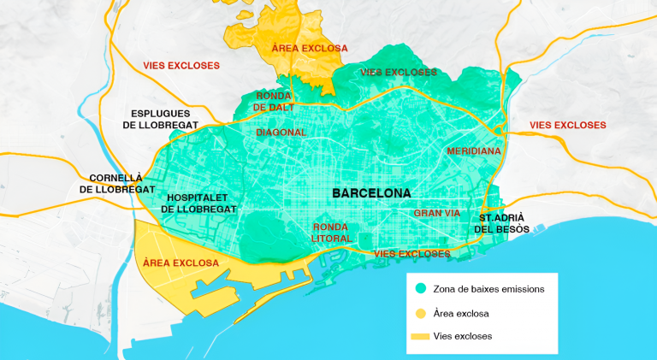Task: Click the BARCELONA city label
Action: [x=371, y=193]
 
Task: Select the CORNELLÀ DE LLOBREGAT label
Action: [x=117, y=183]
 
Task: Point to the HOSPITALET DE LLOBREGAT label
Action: [x=198, y=203]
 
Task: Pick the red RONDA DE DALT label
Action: [x=274, y=102]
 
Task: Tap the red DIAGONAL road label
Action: [x=281, y=133]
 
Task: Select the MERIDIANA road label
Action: [x=473, y=150]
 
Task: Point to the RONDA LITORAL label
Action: [x=331, y=233]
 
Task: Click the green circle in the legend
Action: [x=420, y=289]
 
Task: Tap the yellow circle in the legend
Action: [x=420, y=313]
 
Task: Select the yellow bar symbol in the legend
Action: [x=420, y=336]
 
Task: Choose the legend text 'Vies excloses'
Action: [x=463, y=336]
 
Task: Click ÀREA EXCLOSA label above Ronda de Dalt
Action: [x=310, y=48]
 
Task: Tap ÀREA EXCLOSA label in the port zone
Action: [x=181, y=263]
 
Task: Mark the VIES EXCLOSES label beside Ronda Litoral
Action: [x=412, y=254]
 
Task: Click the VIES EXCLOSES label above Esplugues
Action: [x=181, y=65]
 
